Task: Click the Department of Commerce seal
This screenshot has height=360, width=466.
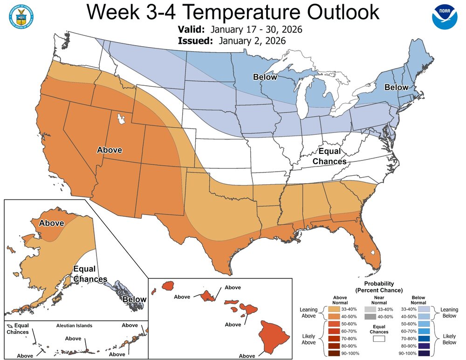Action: (19, 16)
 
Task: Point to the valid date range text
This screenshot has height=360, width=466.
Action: (256, 30)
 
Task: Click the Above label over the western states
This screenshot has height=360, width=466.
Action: (110, 150)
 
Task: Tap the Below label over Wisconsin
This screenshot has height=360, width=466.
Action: (265, 77)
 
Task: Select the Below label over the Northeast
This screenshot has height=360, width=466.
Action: (396, 87)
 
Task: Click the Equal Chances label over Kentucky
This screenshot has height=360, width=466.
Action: (329, 157)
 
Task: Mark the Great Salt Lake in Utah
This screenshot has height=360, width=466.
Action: (122, 119)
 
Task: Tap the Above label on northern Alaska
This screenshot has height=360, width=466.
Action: (51, 223)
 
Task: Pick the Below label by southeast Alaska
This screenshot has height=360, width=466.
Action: (134, 299)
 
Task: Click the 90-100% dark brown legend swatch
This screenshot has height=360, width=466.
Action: (334, 354)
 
